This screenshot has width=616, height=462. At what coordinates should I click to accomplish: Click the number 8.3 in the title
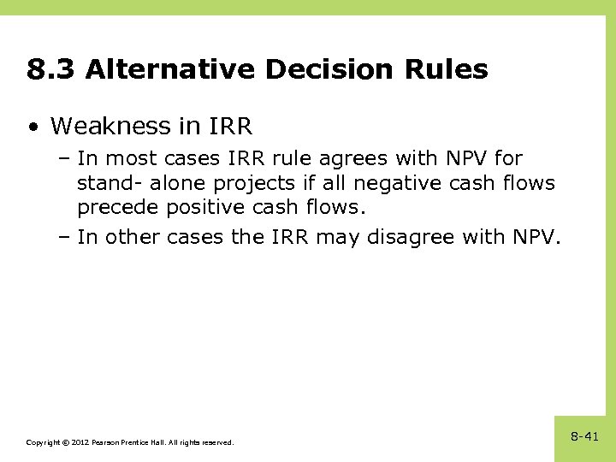click(50, 69)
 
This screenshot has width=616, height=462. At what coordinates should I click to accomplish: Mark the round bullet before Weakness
click(33, 127)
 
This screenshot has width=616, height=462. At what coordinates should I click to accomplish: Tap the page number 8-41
click(584, 437)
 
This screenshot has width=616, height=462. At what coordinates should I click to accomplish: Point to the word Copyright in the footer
click(42, 442)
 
